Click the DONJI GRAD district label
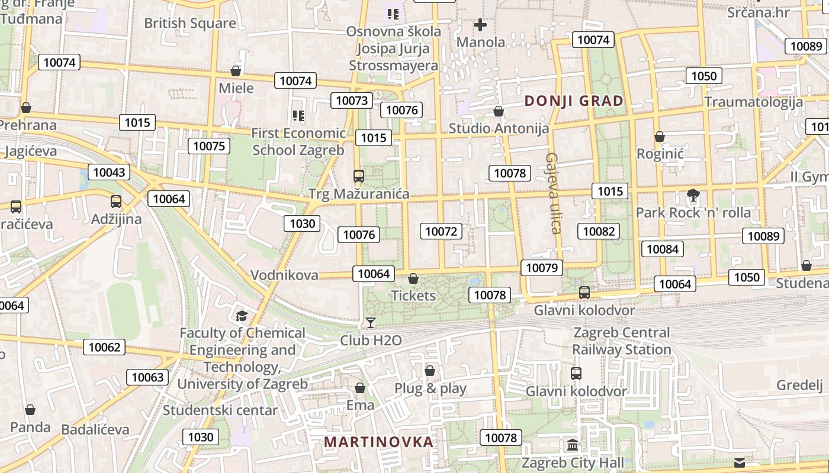click(574, 101)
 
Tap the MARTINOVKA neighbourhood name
click(378, 442)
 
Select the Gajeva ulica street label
click(553, 193)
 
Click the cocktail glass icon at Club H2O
click(371, 322)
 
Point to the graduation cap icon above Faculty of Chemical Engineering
click(241, 316)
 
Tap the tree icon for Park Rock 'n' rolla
click(693, 195)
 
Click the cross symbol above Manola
click(480, 25)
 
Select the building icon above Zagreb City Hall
click(573, 445)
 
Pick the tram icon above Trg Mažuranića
click(359, 176)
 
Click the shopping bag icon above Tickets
click(413, 278)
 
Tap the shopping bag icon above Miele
click(236, 71)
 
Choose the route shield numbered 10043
click(109, 172)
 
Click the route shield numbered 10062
click(105, 347)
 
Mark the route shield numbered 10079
click(542, 268)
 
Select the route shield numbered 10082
click(599, 231)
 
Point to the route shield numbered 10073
click(352, 101)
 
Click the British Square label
click(190, 24)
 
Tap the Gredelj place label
click(799, 385)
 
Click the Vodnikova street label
click(284, 275)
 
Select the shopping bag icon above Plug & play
click(430, 371)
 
